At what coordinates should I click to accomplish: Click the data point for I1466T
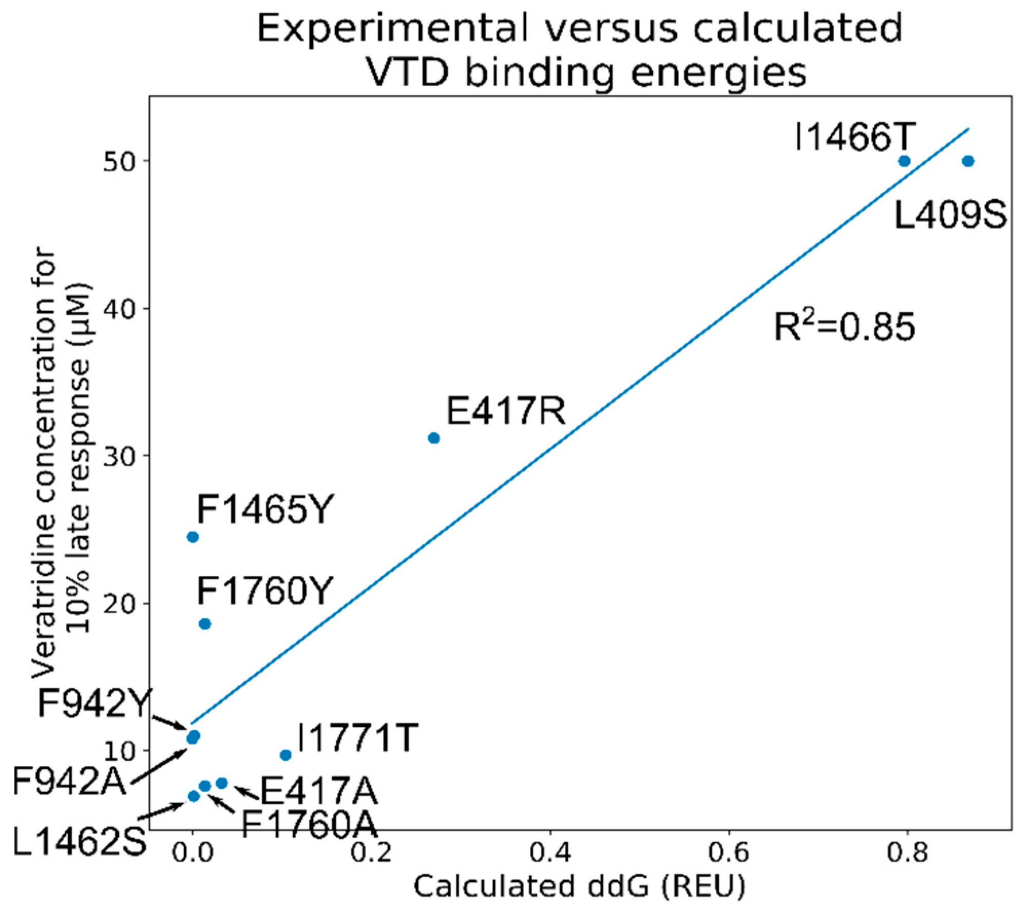tap(905, 161)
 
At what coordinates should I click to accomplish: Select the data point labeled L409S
tap(968, 161)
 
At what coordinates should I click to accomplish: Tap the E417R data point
tap(434, 438)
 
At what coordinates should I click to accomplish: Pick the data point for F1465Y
tap(193, 537)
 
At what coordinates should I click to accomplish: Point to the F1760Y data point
tap(205, 624)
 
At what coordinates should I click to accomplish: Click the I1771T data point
tap(285, 755)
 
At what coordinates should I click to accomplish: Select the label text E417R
tap(506, 411)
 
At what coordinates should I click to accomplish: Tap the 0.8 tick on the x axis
tap(907, 853)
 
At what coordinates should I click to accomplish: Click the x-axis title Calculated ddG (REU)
tap(579, 887)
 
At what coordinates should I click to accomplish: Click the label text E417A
tap(319, 791)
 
